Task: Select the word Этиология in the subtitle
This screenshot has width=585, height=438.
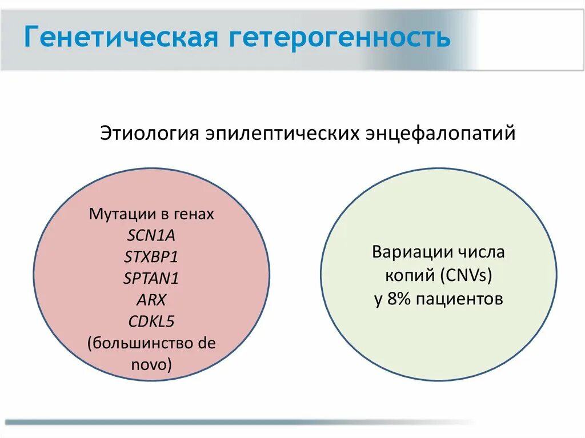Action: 149,134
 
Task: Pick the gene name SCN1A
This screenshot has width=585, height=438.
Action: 151,236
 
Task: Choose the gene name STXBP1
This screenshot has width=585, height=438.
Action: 151,257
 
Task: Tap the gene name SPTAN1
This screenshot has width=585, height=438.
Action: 151,278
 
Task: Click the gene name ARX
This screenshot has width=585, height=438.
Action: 151,300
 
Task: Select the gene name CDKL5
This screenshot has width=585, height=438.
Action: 151,321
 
